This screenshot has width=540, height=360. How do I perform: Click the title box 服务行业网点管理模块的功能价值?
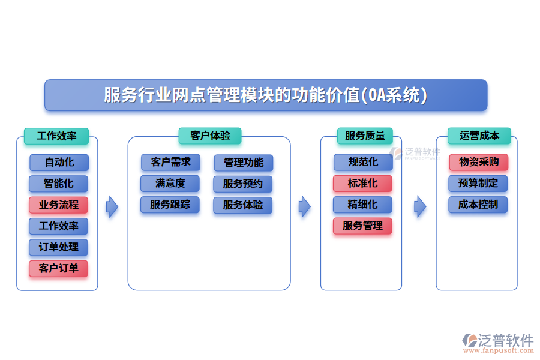point(266,95)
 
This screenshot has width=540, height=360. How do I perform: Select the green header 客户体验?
point(209,136)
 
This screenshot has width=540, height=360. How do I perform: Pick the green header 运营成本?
point(479,136)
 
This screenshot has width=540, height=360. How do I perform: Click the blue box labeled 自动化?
point(59,162)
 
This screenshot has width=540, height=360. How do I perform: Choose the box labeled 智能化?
point(59,183)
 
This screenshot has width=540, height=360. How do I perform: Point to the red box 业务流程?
point(59,205)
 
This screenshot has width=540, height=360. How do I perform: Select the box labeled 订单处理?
point(59,247)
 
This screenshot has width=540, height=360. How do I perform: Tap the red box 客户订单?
point(59,268)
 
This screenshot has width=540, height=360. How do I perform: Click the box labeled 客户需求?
point(171,162)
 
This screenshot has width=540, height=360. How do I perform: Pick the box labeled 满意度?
point(170,183)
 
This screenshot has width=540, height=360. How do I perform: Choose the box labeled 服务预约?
point(243,184)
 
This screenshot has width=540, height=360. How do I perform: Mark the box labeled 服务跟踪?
point(170,205)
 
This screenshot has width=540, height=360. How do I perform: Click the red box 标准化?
point(362,183)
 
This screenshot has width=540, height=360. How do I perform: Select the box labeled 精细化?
point(362,205)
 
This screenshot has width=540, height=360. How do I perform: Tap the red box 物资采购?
point(478,162)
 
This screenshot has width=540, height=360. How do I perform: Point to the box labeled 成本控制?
point(478,205)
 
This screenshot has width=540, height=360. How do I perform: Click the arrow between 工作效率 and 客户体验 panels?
point(112,207)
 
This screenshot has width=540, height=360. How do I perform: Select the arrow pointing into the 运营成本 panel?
point(420,207)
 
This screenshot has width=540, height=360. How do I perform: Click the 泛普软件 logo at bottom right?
point(498,342)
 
